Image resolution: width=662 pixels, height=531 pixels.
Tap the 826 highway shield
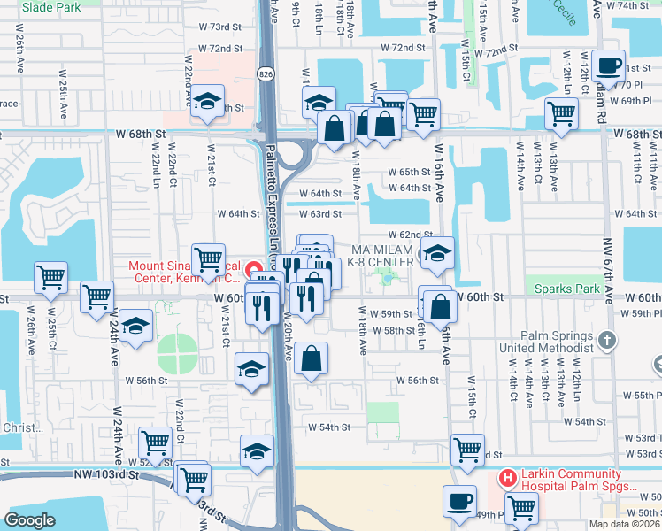(266, 73)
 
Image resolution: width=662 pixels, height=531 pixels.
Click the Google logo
(29, 520)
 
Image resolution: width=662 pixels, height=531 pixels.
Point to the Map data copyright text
(624, 524)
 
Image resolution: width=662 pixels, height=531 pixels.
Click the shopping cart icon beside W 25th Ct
(51, 277)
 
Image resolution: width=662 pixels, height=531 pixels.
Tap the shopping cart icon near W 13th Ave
(561, 112)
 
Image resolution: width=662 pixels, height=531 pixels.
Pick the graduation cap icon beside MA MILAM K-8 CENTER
(436, 253)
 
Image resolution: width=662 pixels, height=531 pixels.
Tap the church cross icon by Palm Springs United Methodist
(606, 340)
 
